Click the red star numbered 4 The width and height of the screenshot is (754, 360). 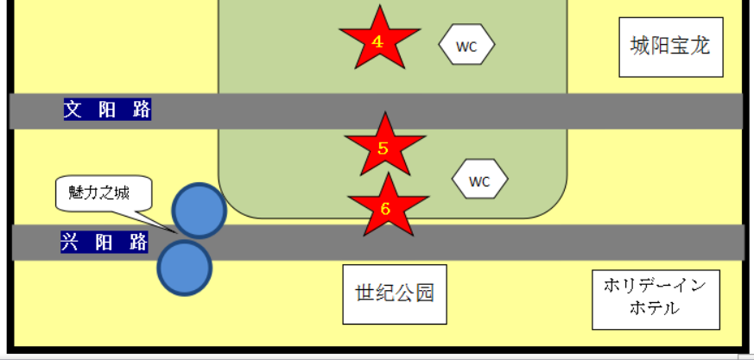click(x=378, y=40)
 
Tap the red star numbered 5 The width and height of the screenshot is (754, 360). click(x=383, y=147)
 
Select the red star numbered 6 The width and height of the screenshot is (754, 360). click(x=386, y=208)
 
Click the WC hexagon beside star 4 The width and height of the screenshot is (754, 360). click(x=467, y=46)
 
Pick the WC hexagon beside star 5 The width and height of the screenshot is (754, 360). click(x=479, y=180)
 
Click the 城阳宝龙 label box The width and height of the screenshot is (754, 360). click(x=669, y=46)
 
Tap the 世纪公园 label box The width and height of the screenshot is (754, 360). click(x=395, y=294)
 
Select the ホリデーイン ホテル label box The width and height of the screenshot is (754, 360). click(x=656, y=299)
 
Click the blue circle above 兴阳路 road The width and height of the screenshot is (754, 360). click(x=199, y=210)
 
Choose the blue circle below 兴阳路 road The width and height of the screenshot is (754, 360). click(x=184, y=268)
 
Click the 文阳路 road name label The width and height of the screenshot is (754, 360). click(x=107, y=110)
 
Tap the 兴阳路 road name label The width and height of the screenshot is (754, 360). click(x=105, y=243)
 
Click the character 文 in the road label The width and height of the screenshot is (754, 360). click(x=73, y=110)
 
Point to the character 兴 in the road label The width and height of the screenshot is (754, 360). click(x=70, y=243)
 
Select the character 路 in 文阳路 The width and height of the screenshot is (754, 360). click(x=142, y=110)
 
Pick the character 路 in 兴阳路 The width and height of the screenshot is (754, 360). click(x=139, y=243)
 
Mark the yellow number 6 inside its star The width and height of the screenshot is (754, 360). click(x=385, y=208)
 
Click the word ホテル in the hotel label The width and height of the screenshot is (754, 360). click(x=656, y=308)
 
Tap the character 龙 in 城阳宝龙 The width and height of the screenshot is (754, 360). click(x=700, y=46)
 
